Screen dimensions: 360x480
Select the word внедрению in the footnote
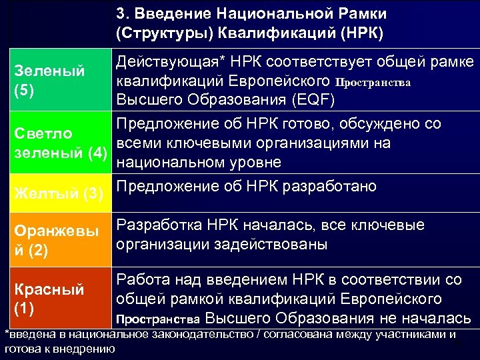pyautogui.click(x=87, y=348)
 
